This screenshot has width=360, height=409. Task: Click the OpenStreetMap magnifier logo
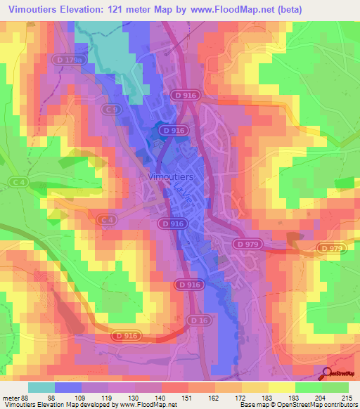pyautogui.click(x=328, y=375)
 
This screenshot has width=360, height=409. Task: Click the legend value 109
pyautogui.click(x=82, y=397)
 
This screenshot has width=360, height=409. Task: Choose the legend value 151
pyautogui.click(x=188, y=397)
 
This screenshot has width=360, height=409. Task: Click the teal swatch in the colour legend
pyautogui.click(x=41, y=387)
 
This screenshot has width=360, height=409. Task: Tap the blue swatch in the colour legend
pyautogui.click(x=68, y=387)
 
